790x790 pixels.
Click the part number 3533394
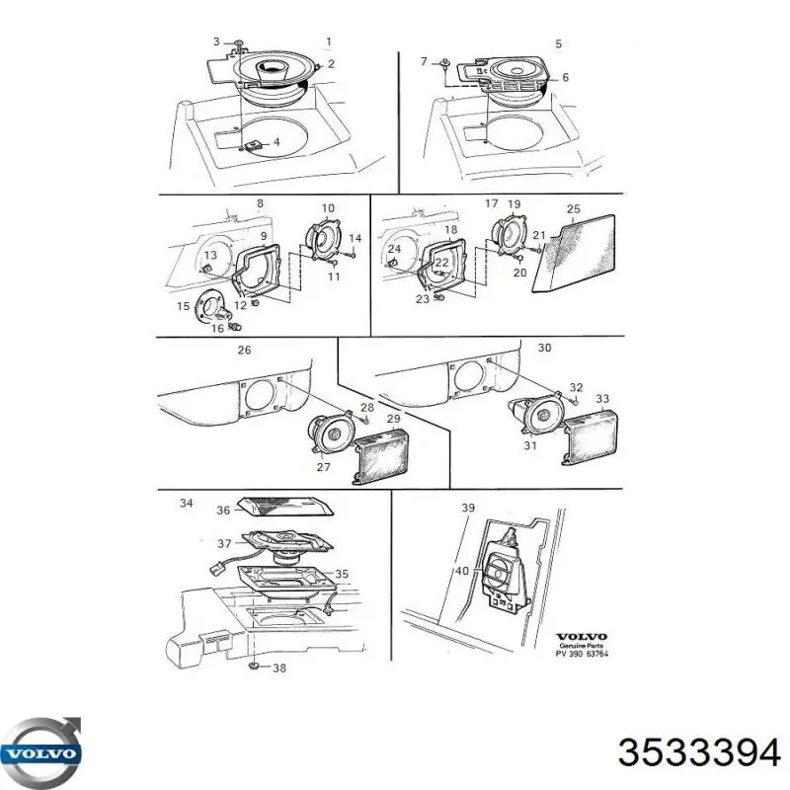point(699,753)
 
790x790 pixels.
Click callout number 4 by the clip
point(276,142)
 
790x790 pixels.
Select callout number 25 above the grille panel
point(574,208)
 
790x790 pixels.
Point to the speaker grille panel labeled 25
point(575,254)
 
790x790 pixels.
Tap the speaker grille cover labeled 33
point(590,435)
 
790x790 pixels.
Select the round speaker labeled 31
point(536,414)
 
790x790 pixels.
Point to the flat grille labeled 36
point(285,507)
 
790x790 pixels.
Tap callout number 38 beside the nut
point(279,669)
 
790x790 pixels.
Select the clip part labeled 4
point(254,146)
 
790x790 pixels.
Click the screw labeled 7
point(446,63)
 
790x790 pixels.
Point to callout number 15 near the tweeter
point(184,306)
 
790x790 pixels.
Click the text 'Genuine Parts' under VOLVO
point(582,646)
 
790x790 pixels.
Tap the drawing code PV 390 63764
point(582,654)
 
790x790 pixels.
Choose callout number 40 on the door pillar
point(462,571)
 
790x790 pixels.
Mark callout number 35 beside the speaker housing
point(342,574)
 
